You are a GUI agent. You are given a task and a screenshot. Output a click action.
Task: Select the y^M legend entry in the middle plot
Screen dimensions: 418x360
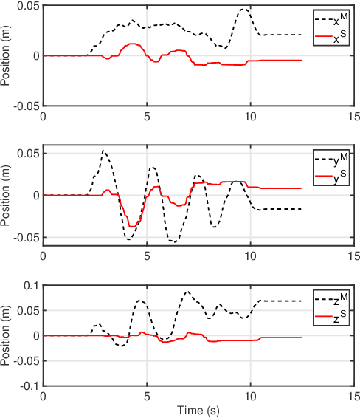tap(330, 157)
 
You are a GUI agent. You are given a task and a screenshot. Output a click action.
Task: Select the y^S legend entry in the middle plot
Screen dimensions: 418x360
tap(330, 174)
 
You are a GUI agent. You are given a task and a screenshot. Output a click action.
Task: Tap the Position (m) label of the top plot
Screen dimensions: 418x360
tap(7, 55)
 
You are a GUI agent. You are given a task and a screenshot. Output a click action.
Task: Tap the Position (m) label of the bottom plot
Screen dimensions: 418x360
tap(7, 335)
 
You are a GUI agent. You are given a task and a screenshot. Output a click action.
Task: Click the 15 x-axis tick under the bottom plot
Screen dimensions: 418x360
tap(354, 397)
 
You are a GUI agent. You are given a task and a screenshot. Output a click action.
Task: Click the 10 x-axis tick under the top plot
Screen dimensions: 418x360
tap(251, 117)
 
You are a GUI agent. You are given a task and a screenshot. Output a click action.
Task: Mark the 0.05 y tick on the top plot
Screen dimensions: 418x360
tap(29, 6)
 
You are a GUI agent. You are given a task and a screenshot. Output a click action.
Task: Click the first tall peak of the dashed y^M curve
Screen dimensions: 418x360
tap(104, 151)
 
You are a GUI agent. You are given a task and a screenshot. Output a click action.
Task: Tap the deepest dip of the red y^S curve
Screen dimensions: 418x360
tap(131, 226)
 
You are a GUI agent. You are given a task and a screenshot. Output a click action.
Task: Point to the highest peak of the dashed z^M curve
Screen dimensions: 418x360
tap(187, 292)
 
